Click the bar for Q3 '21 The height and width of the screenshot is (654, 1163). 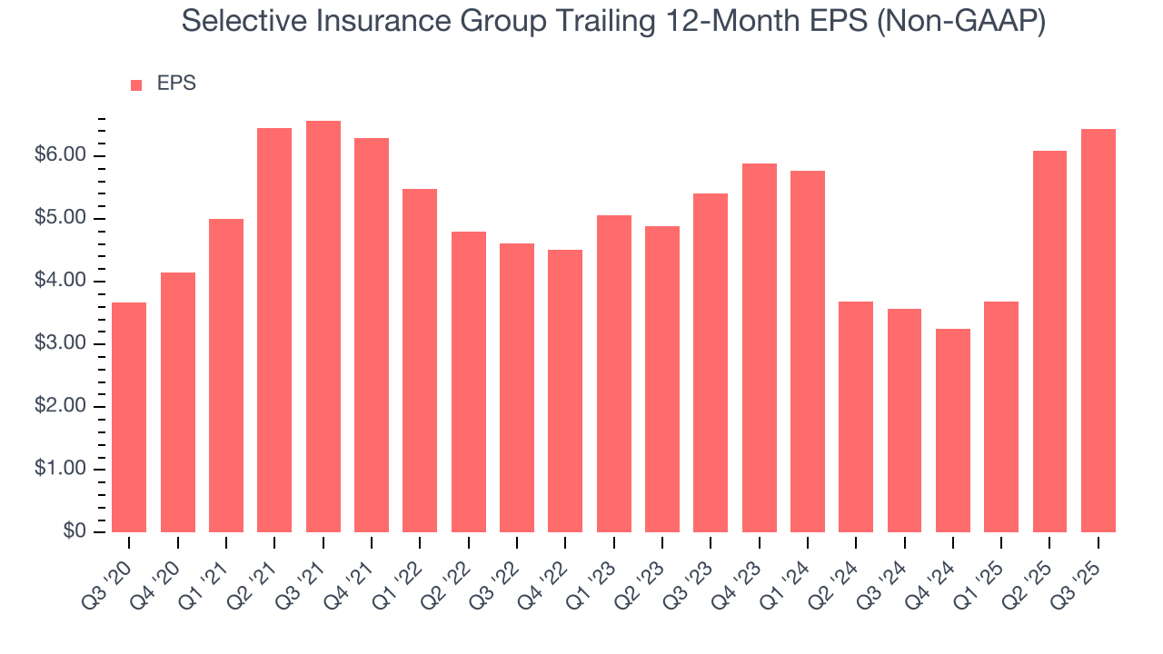pyautogui.click(x=323, y=327)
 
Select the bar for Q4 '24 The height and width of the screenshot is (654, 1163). pyautogui.click(x=953, y=431)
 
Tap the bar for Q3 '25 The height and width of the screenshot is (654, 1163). pyautogui.click(x=1098, y=331)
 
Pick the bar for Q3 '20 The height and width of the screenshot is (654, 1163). pyautogui.click(x=129, y=418)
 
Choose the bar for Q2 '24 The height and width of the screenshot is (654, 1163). pyautogui.click(x=856, y=417)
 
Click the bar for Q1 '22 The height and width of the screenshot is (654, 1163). pyautogui.click(x=420, y=361)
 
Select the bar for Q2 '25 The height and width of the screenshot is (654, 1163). pyautogui.click(x=1049, y=342)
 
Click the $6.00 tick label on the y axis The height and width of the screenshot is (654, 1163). pyautogui.click(x=61, y=156)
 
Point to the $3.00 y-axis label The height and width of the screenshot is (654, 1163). pyautogui.click(x=61, y=344)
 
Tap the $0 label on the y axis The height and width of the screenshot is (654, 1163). pyautogui.click(x=75, y=532)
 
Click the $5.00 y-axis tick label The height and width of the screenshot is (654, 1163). pyautogui.click(x=61, y=219)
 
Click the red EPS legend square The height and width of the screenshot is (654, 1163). pyautogui.click(x=136, y=85)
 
